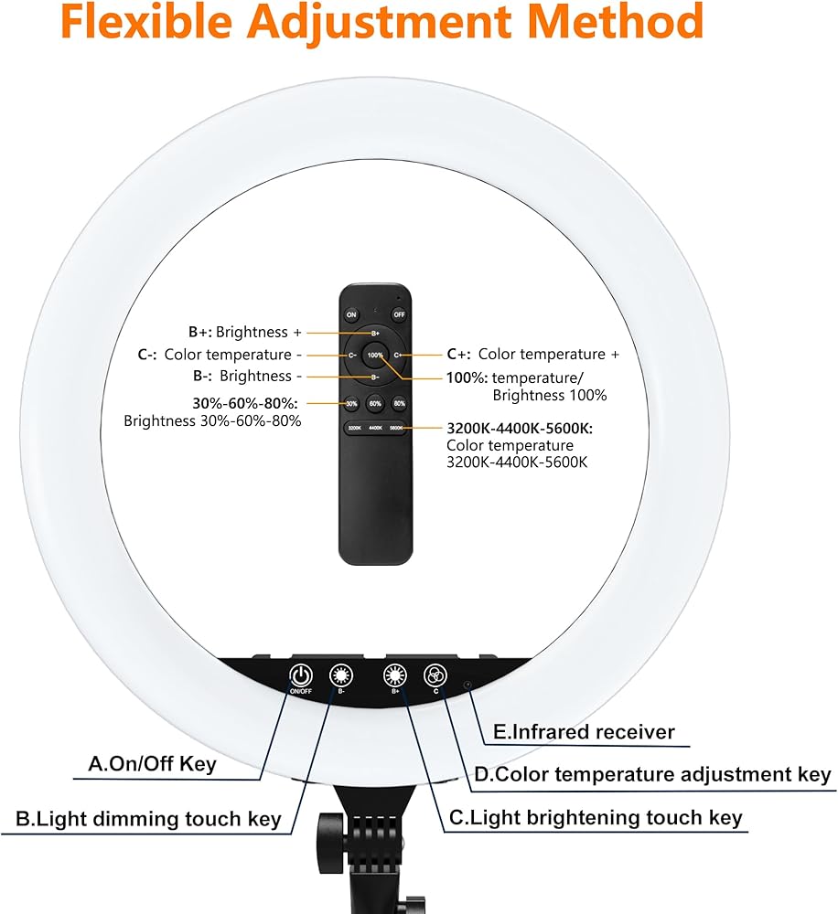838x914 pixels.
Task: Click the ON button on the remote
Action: click(x=351, y=314)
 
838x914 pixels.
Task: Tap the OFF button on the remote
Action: click(x=399, y=314)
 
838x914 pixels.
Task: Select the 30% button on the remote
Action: click(x=351, y=403)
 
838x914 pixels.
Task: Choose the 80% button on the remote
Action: click(x=399, y=403)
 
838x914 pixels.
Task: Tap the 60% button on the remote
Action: click(x=375, y=403)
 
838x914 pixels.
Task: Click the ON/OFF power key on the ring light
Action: click(x=301, y=676)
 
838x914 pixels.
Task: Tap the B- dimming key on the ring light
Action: click(x=341, y=676)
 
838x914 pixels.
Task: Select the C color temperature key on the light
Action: click(x=435, y=676)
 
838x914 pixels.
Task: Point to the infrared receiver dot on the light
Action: click(x=467, y=684)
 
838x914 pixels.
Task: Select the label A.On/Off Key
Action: click(x=152, y=764)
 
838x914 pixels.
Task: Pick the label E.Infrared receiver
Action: click(x=584, y=732)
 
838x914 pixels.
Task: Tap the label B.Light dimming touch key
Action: click(x=148, y=818)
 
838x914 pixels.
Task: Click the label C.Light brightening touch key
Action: click(x=595, y=818)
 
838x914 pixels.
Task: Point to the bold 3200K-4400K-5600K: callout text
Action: click(x=520, y=428)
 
